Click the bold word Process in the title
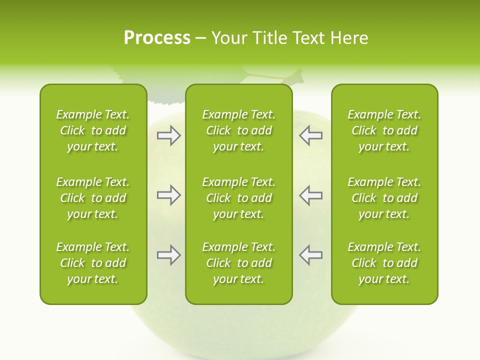click(x=157, y=38)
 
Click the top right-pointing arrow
click(x=168, y=135)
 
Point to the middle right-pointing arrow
click(x=168, y=195)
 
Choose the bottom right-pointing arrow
click(x=168, y=255)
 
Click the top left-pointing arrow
click(x=310, y=135)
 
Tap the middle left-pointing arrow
click(x=310, y=195)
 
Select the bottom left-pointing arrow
click(x=310, y=255)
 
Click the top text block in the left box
click(x=93, y=130)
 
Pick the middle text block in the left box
click(x=93, y=198)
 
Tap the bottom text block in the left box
click(x=93, y=263)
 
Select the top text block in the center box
click(x=238, y=130)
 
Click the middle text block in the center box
click(x=238, y=198)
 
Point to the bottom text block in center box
click(x=238, y=263)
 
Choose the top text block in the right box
click(x=384, y=130)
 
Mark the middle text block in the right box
click(x=384, y=198)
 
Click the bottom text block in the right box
click(x=384, y=263)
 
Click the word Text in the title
click(x=308, y=38)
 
